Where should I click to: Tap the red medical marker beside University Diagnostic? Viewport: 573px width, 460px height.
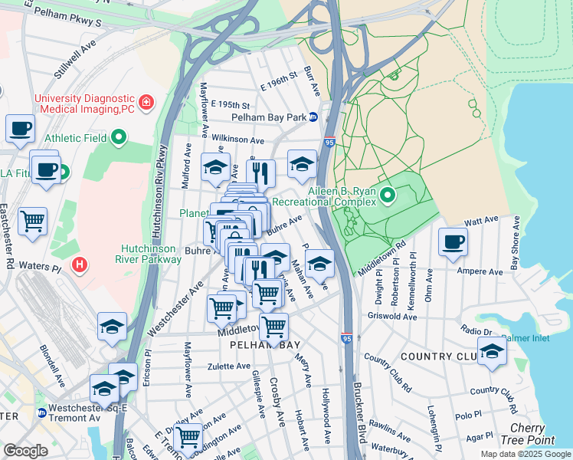145,101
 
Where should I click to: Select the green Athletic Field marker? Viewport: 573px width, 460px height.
119,138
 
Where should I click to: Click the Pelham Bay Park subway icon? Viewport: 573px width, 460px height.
313,117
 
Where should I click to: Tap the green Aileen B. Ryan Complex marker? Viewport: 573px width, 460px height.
388,196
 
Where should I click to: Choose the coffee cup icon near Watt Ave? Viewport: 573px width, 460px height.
453,242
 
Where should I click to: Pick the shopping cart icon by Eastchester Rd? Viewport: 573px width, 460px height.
33,221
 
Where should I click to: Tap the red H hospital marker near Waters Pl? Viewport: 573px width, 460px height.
78,265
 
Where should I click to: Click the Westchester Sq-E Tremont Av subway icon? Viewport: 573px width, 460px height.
41,413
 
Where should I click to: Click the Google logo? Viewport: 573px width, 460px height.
25,451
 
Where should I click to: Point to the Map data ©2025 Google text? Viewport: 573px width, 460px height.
525,454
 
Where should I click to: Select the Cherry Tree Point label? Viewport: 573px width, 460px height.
533,433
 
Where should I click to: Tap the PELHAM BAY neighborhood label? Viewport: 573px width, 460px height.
266,346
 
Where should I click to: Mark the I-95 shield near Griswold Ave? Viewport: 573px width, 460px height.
347,337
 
